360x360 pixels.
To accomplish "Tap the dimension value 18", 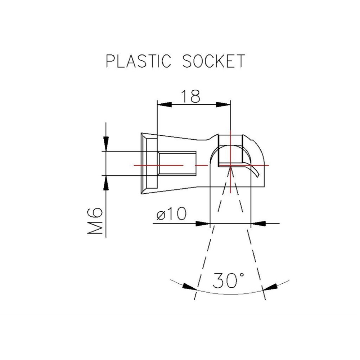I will [190, 96].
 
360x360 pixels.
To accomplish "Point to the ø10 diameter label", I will [171, 215].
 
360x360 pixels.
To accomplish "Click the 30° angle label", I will [228, 280].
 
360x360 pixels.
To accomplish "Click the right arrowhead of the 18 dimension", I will [223, 104].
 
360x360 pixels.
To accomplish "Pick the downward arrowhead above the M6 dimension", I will [105, 143].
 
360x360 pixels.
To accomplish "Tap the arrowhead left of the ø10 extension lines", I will [202, 223].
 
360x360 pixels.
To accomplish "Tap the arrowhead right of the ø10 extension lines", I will [258, 223].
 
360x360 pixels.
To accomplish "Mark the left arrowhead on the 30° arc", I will [190, 287].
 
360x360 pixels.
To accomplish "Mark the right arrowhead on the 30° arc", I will [270, 287].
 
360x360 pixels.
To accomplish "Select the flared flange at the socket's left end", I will [149, 163].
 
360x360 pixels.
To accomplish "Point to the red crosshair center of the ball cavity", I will [230, 165].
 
